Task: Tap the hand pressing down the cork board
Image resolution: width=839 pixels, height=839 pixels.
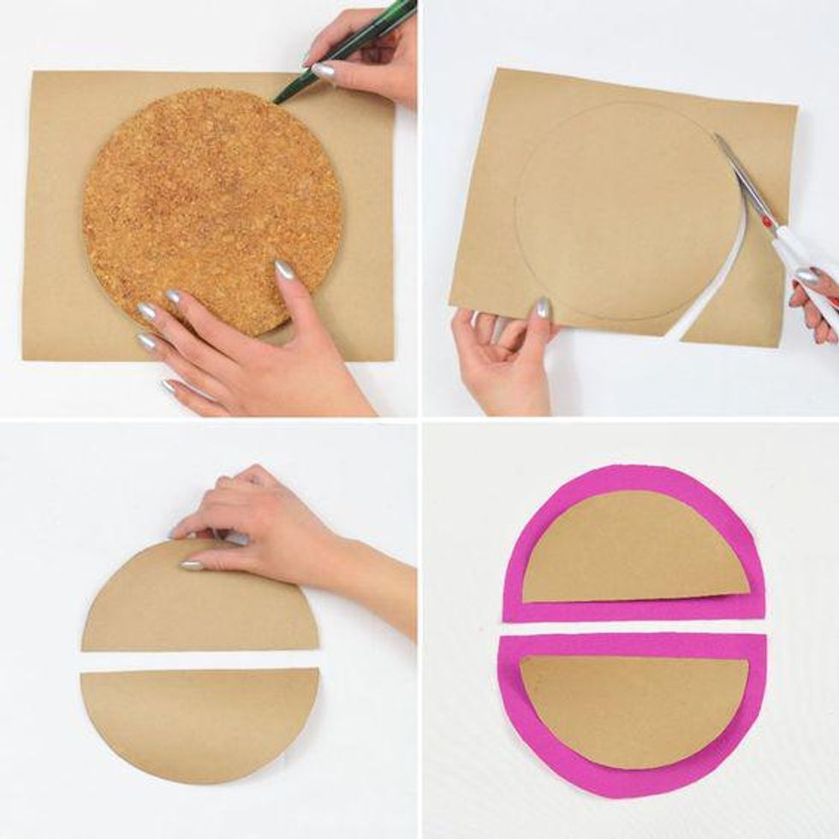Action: pos(248,351)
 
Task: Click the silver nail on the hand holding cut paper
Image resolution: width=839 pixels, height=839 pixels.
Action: pos(542,308)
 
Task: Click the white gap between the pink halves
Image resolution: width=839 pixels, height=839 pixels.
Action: pos(634,628)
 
